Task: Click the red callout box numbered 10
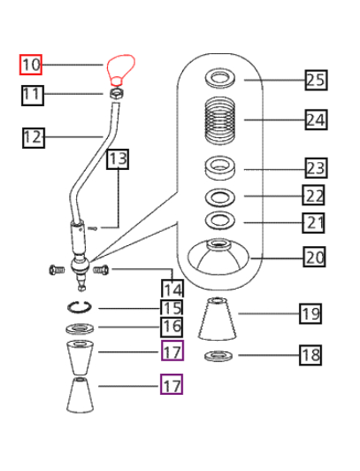[31, 65]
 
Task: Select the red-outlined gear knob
[121, 70]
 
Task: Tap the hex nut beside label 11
[117, 94]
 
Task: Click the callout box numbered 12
[34, 138]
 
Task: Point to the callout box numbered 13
[118, 158]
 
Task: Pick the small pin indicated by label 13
[93, 228]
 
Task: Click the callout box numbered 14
[172, 289]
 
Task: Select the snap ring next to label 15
[80, 307]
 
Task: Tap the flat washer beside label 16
[80, 328]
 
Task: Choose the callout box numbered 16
[172, 327]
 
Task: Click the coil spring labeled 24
[219, 122]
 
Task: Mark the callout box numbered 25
[316, 81]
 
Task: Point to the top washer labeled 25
[220, 79]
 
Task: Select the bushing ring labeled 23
[219, 168]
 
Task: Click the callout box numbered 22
[313, 196]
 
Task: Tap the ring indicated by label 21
[220, 220]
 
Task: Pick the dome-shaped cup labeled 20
[218, 257]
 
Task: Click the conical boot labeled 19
[218, 319]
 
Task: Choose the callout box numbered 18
[310, 355]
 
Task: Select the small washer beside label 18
[218, 356]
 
